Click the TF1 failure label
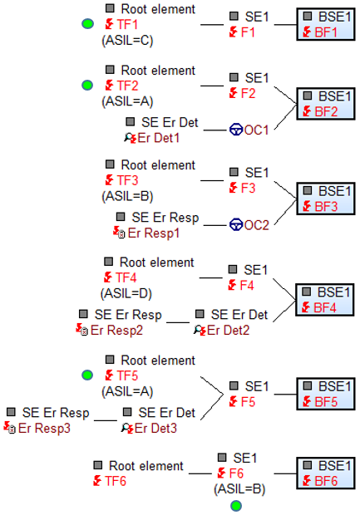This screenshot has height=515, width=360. [127, 24]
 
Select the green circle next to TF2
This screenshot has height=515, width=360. [87, 86]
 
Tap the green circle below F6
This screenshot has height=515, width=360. [236, 506]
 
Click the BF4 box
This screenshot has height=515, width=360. [325, 300]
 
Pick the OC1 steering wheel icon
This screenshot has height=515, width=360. [236, 130]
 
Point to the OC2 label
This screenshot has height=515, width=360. [256, 225]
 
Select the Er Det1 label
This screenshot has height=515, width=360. [159, 138]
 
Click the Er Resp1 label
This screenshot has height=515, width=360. [154, 233]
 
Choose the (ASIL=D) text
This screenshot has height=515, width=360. [126, 293]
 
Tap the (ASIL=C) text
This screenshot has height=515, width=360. [127, 41]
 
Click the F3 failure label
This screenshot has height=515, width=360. [248, 189]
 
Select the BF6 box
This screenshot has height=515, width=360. [326, 473]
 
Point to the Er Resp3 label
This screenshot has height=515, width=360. [44, 429]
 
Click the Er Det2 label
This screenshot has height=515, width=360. [228, 330]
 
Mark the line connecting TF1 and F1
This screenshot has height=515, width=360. [212, 25]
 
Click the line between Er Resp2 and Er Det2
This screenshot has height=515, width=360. [178, 322]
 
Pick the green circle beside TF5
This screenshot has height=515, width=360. [87, 375]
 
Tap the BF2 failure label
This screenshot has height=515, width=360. [326, 111]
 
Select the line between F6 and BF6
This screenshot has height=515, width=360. [285, 473]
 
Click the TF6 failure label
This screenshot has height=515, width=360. [116, 481]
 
